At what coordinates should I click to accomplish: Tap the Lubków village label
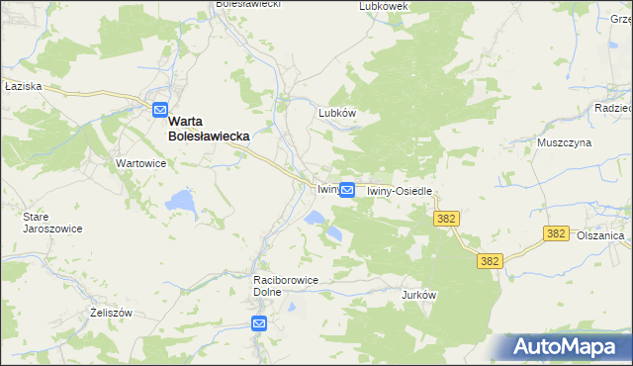(336, 113)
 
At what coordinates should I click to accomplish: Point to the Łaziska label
(22, 86)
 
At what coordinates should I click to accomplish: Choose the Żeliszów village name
(110, 312)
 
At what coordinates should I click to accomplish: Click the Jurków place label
(419, 295)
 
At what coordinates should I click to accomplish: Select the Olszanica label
(600, 236)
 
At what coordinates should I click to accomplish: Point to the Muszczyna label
(564, 142)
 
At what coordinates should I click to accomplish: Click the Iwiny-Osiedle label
(401, 191)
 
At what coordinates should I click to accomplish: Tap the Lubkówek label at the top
(385, 6)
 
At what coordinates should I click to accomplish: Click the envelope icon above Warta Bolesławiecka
(160, 111)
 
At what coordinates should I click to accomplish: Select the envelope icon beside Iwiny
(347, 189)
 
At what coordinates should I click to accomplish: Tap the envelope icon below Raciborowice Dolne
(259, 323)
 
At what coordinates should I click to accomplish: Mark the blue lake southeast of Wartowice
(181, 201)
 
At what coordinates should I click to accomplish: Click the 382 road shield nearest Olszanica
(556, 233)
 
